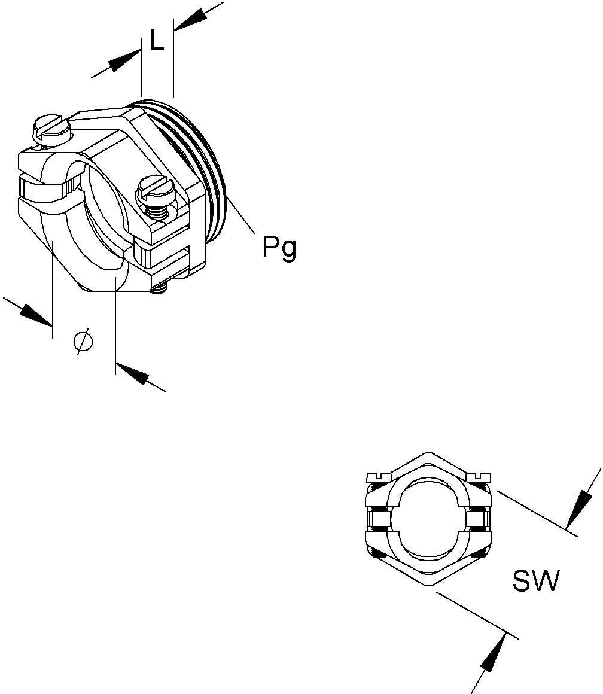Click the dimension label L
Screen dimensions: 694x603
(x=157, y=41)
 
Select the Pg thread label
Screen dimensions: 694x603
(x=279, y=246)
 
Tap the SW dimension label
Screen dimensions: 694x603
(x=535, y=581)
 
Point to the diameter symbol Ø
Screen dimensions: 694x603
(x=83, y=341)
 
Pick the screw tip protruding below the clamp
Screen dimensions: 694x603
(x=157, y=290)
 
